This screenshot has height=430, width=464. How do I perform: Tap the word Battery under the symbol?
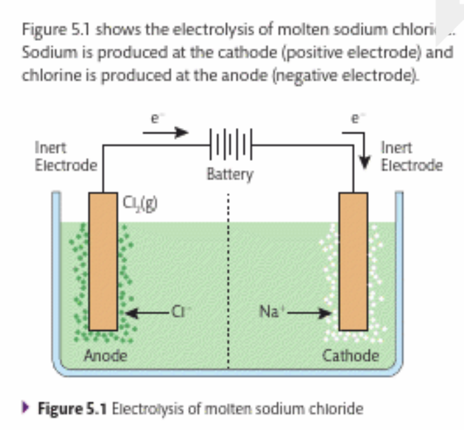pyautogui.click(x=230, y=175)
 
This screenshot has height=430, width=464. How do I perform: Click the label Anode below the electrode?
pyautogui.click(x=104, y=355)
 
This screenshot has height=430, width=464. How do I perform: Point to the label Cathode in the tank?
pyautogui.click(x=350, y=355)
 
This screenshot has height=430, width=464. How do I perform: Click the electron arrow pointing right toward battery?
pyautogui.click(x=163, y=132)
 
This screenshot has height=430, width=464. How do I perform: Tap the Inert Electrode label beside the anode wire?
pyautogui.click(x=65, y=155)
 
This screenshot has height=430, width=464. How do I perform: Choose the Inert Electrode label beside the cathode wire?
pyautogui.click(x=411, y=155)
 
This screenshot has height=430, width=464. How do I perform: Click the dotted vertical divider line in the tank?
pyautogui.click(x=228, y=281)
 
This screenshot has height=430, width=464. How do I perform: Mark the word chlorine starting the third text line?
pyautogui.click(x=48, y=74)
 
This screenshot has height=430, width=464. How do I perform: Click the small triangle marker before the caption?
pyautogui.click(x=26, y=407)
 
